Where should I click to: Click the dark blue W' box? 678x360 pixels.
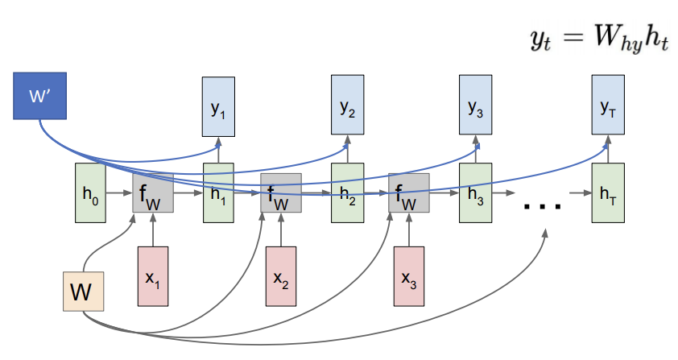39,96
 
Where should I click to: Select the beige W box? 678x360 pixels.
84,292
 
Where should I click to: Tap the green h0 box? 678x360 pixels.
90,193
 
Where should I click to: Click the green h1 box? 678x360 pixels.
218,193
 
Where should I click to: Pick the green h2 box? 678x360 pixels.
347,193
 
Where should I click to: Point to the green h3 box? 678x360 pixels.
475,193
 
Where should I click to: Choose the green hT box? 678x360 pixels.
608,193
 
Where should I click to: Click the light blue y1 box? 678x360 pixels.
218,107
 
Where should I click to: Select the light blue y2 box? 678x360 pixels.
347,105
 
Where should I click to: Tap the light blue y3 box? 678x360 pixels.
475,105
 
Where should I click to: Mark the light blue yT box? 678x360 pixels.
608,105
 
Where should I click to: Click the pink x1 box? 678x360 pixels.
153,276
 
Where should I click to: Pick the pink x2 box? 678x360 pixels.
281,276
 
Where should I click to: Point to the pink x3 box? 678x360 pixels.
409,276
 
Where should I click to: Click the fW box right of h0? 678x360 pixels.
153,193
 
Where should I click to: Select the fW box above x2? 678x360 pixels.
281,193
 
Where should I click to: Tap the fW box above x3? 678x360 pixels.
409,193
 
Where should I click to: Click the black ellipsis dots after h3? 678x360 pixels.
542,206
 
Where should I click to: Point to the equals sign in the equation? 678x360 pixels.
573,37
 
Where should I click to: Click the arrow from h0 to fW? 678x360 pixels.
119,193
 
